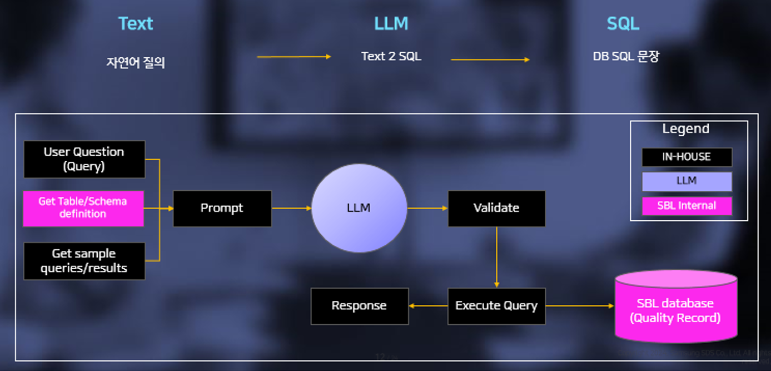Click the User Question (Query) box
[x=84, y=159]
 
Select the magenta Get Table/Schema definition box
[x=83, y=208]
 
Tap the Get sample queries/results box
[x=84, y=261]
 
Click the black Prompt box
[x=222, y=208]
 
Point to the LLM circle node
[x=359, y=208]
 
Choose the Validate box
[x=496, y=208]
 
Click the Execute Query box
[x=496, y=306]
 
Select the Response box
[x=359, y=306]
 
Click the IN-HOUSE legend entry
[x=687, y=157]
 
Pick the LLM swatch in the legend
[x=687, y=181]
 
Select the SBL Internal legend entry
[x=687, y=206]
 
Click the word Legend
[x=685, y=129]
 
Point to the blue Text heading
[x=136, y=24]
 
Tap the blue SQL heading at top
[x=623, y=24]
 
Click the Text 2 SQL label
[x=391, y=56]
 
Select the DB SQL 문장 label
[x=625, y=57]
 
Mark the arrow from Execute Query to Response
[x=428, y=306]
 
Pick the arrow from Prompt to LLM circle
[x=291, y=208]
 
